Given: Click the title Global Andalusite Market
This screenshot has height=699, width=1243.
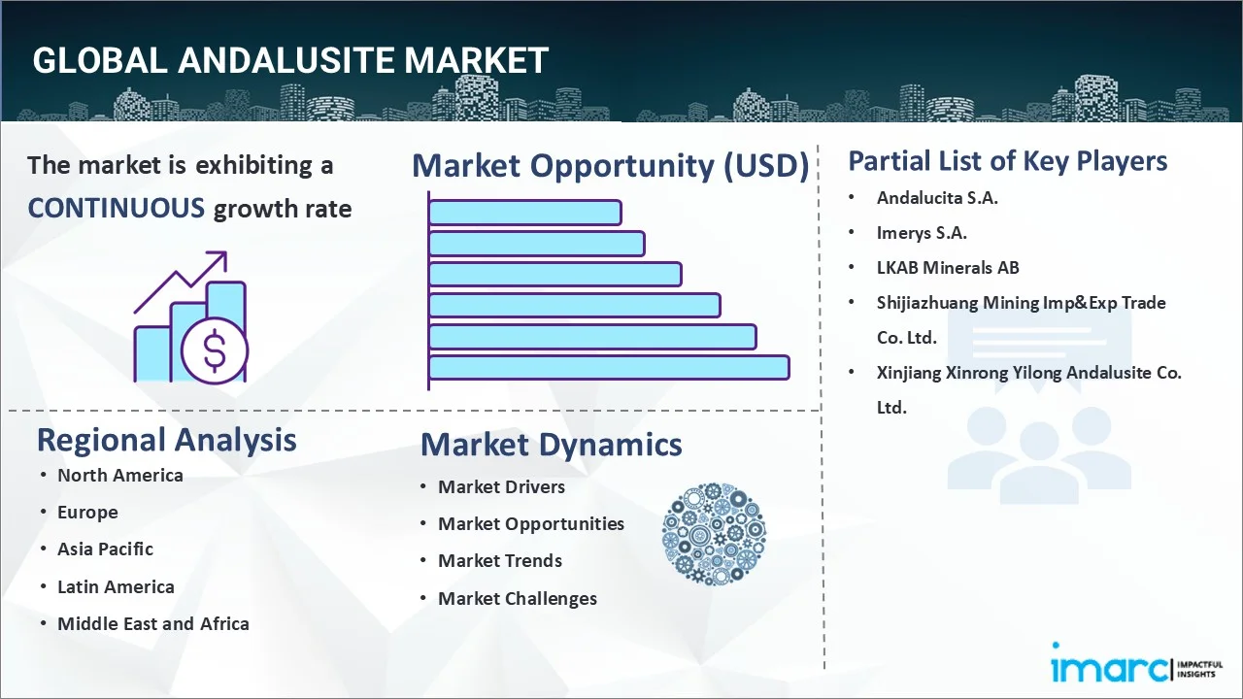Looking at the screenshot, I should coord(290,60).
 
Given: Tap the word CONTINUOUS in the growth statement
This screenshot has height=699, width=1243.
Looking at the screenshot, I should coord(116,208).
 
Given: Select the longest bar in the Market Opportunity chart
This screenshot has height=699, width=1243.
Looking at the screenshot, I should coord(608,367).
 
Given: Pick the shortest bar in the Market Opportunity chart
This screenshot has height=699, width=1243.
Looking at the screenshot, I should coord(524,212).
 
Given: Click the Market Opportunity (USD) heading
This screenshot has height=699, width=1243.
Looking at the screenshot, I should coord(610,166).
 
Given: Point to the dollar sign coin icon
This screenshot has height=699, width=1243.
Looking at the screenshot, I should coord(215,350).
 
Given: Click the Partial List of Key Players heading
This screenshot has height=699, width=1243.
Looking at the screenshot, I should coord(1007,160).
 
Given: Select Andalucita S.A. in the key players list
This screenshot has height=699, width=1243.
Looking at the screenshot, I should coord(937,198).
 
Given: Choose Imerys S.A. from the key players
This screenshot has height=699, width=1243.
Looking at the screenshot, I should coord(922,233).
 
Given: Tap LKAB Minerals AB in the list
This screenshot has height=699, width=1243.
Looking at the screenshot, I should coord(948,268).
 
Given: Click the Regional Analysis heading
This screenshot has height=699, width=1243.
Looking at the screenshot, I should coord(166,440).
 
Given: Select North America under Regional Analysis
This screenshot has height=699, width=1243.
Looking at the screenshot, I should coord(119,476).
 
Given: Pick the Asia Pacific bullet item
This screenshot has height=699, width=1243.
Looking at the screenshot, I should coord(105,549).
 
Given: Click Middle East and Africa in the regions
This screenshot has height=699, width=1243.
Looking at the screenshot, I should coord(152,624).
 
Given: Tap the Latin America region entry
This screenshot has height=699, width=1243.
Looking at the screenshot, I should coord(116,587).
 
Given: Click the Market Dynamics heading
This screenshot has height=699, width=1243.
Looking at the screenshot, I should coord(551,445).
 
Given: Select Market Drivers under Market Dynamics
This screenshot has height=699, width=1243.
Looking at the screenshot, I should coord(501,487).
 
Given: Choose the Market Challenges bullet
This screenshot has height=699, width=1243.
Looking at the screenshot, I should coord(517,599).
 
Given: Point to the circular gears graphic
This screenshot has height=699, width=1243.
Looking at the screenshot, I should coord(714,534).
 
